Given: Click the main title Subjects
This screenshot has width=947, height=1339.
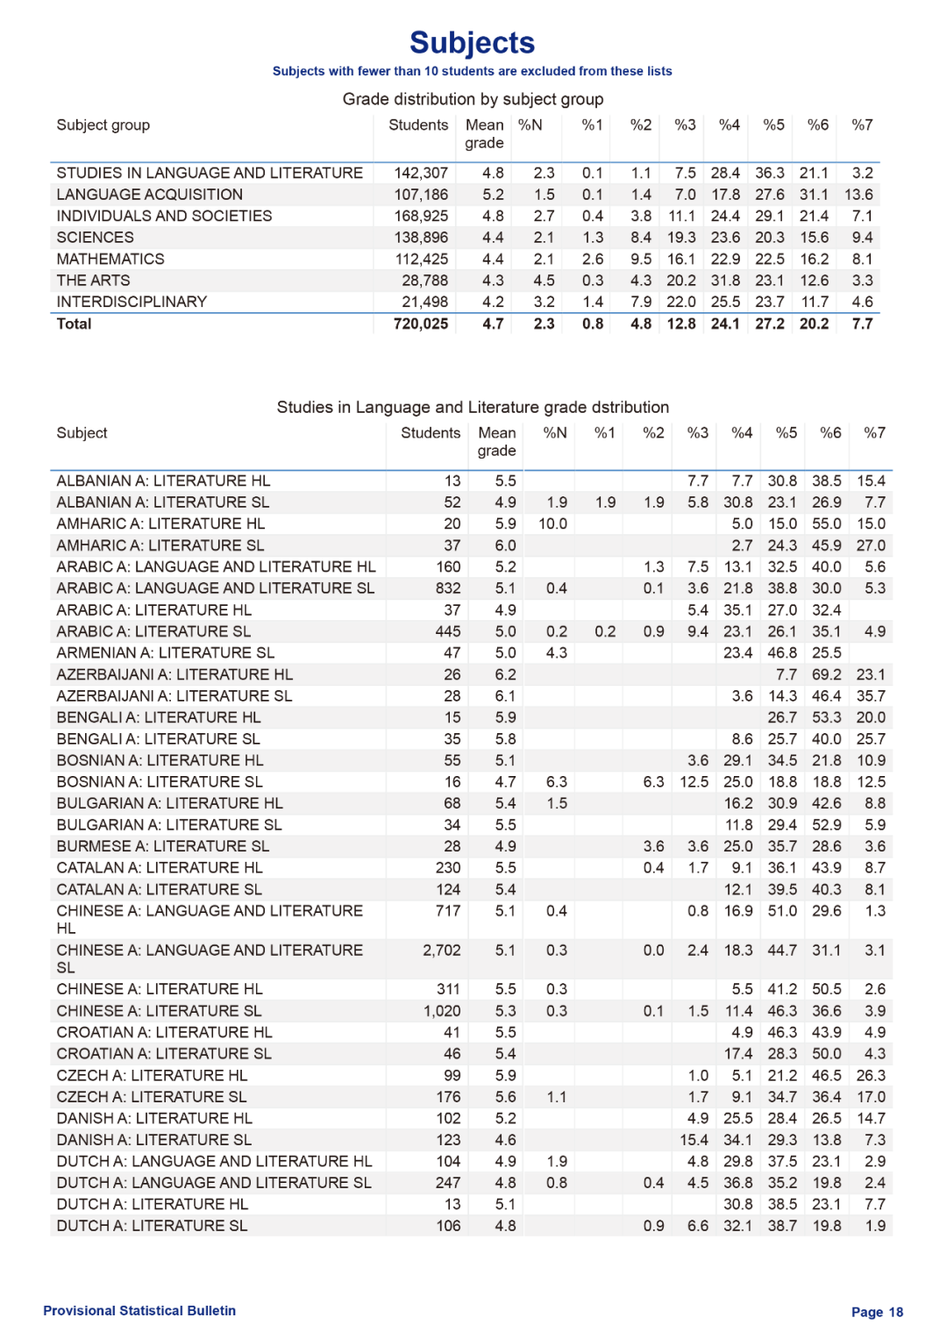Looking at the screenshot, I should (472, 42).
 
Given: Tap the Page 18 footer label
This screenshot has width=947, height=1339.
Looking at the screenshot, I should (877, 1312).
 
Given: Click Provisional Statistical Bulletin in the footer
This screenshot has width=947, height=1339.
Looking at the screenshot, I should (139, 1310).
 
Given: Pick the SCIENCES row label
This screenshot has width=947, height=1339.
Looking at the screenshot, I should (96, 238).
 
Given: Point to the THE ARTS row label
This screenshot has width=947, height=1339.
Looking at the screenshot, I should (93, 281).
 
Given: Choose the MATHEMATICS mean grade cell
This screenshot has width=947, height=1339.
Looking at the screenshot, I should (493, 260).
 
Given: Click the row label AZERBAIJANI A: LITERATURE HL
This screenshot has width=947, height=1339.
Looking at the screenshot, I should (174, 674).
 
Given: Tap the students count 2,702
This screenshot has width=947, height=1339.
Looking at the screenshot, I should (441, 951).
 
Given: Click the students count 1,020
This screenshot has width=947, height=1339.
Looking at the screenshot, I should (442, 1011).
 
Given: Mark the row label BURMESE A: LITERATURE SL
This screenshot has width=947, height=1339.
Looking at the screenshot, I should (162, 846).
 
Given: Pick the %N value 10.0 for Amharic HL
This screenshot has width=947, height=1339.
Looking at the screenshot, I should (552, 523).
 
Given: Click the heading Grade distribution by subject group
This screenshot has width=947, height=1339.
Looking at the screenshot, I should (473, 99).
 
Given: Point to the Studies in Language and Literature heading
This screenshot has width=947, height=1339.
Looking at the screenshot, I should (473, 407).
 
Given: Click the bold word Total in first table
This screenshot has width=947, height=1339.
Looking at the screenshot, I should (74, 324).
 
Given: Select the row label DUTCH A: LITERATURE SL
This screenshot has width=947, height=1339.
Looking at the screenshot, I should (152, 1226).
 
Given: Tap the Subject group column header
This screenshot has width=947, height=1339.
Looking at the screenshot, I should (103, 125).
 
